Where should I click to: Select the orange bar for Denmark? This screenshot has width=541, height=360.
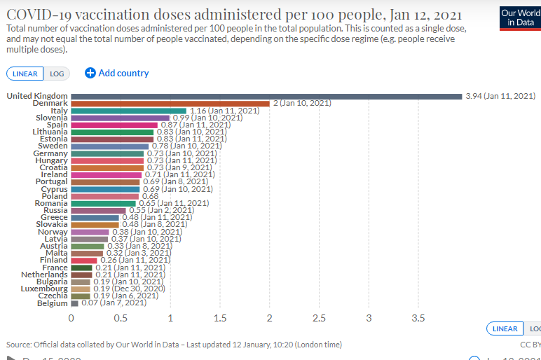(170, 103)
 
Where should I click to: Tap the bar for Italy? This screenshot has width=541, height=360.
(128, 111)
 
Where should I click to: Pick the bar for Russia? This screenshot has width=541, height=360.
(98, 210)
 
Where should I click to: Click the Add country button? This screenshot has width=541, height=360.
(116, 73)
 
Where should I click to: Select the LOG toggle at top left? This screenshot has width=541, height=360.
(55, 74)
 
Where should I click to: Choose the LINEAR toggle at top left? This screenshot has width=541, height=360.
(25, 74)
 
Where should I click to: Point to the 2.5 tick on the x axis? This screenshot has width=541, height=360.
(319, 318)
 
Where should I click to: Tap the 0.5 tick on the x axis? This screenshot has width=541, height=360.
(121, 318)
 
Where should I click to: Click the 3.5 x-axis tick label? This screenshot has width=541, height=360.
(418, 318)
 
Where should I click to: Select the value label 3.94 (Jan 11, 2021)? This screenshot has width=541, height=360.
(500, 96)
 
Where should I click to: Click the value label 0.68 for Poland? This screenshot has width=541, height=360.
(151, 196)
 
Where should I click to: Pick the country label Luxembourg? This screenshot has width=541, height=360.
(45, 289)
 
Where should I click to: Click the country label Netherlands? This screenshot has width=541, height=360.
(44, 275)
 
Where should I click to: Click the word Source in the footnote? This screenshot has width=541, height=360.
(18, 345)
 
